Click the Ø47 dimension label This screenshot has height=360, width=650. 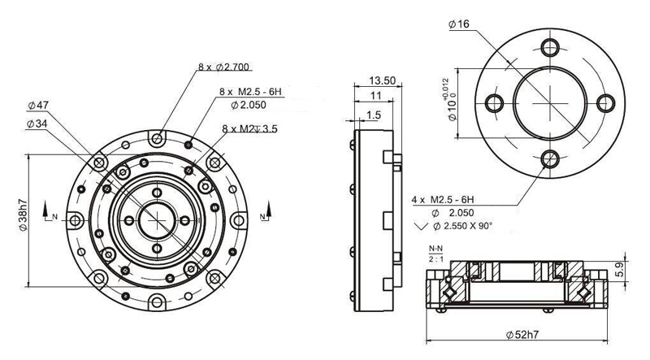pos(38,106)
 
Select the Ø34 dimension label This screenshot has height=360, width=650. pos(37,124)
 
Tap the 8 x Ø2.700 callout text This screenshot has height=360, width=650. pos(223,67)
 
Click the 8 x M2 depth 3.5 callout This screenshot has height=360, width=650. pos(249,128)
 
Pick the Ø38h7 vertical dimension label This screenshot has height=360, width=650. pos(24,215)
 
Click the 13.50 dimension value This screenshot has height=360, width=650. pos(382,80)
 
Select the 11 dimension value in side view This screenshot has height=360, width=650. pos(375,96)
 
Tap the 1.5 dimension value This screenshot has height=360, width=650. pos(373,115)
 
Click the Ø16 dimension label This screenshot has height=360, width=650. pos(459,24)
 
